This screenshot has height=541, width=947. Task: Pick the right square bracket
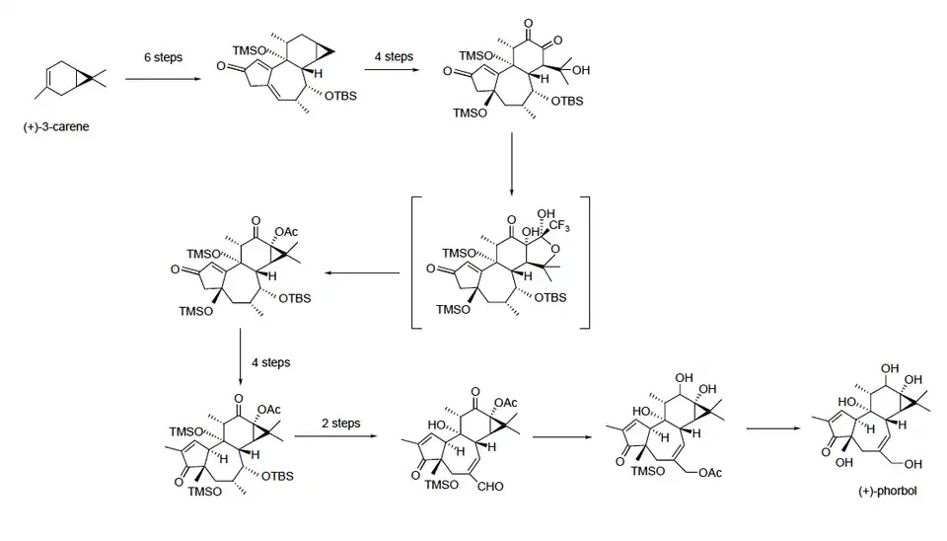[x=586, y=262]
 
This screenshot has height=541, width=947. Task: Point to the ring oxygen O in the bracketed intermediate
[x=567, y=248]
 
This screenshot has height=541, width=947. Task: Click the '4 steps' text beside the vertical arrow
[x=270, y=362]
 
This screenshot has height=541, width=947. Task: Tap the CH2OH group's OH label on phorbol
[x=913, y=464]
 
